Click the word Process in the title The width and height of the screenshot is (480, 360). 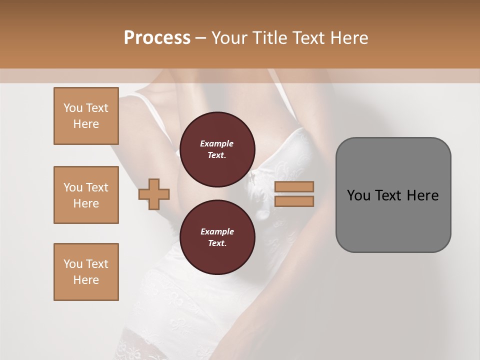coord(157,38)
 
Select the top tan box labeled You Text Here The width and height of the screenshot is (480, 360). coord(86,116)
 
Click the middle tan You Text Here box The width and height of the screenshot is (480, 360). coord(86,195)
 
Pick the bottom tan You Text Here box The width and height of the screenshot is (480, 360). coord(86,272)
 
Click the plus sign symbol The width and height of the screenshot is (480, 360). coord(154,194)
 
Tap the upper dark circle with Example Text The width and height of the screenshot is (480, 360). coord(217,149)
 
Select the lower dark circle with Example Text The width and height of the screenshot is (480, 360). coord(217,237)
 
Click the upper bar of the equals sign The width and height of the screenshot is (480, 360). coord(294,186)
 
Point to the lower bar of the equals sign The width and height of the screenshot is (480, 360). coord(294,201)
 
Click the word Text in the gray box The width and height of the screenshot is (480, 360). coord(388,195)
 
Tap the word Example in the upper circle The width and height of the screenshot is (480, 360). coord(217,143)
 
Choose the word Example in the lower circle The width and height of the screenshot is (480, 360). coord(217,231)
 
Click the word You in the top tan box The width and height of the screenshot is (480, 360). coord(73,108)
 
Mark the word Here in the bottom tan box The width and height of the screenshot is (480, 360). coord(86,280)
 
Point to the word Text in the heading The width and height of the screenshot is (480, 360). coord(307,38)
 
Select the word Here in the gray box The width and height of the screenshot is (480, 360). coord(422,195)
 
